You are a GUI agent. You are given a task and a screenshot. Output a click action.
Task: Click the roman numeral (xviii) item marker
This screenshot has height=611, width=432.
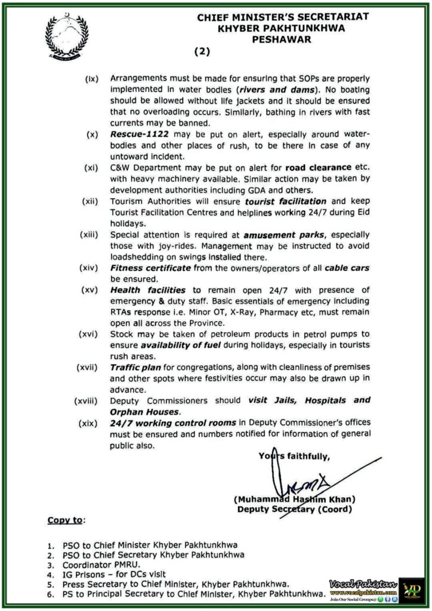pyautogui.click(x=87, y=400)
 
